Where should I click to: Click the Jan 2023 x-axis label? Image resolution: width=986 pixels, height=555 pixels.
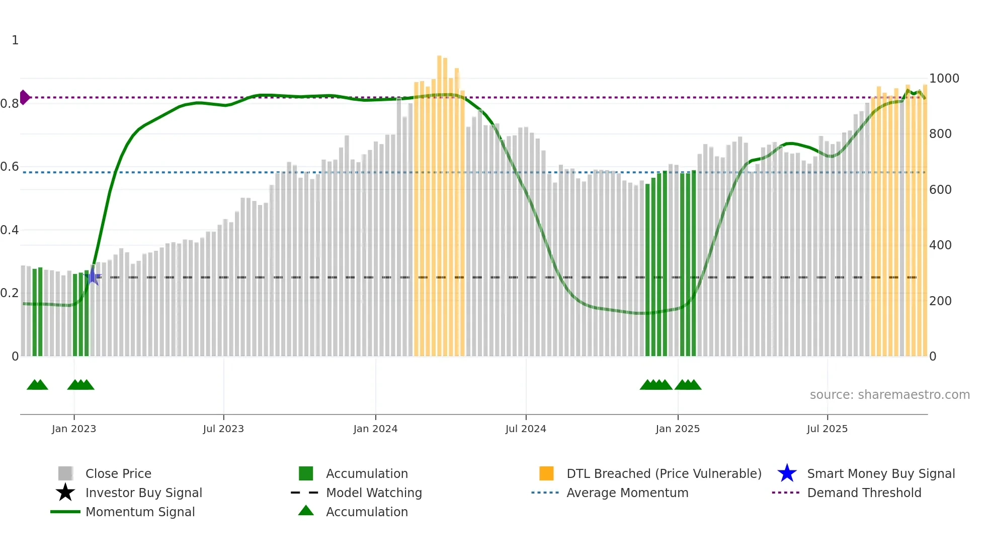click(73, 429)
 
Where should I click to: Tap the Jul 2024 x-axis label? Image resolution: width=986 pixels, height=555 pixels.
click(525, 429)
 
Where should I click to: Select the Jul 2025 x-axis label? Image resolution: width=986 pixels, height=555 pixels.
click(827, 429)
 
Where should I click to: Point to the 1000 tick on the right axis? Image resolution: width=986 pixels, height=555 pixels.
click(944, 79)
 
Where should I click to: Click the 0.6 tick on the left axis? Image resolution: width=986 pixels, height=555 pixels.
click(10, 167)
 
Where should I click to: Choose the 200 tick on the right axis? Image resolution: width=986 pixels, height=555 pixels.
click(940, 301)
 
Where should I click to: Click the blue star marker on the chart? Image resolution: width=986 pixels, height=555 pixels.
click(93, 276)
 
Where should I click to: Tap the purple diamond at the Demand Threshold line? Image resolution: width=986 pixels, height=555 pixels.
click(24, 97)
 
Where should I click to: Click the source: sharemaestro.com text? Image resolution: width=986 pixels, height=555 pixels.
click(889, 395)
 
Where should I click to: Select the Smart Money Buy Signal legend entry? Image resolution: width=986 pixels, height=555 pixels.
click(880, 474)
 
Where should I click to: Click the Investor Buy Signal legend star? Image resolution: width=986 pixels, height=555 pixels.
click(65, 493)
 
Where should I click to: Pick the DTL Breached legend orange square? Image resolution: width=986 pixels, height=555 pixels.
click(546, 473)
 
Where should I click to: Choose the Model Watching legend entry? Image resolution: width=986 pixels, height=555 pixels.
click(373, 493)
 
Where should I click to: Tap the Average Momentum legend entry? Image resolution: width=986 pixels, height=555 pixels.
click(627, 493)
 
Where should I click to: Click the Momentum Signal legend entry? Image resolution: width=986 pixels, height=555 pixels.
click(140, 512)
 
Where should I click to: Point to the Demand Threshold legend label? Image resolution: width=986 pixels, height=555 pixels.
click(864, 493)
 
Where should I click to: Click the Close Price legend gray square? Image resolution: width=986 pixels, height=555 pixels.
click(65, 473)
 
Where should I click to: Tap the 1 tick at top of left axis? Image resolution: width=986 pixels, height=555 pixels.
click(15, 40)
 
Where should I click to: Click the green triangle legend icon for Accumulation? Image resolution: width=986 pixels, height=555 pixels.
click(306, 511)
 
